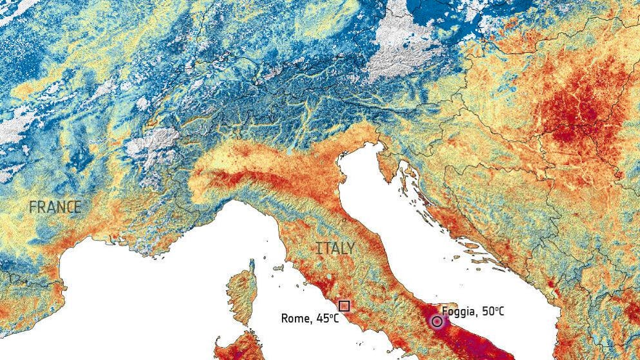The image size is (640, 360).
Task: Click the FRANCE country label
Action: (55, 207)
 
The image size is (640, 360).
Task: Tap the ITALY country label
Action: (335, 248)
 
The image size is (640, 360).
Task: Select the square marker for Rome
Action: (344, 306)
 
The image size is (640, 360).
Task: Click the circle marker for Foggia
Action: (437, 321)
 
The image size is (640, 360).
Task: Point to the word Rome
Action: (294, 318)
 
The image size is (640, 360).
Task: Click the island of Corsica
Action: (242, 299)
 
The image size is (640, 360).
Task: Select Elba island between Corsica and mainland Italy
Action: (279, 268)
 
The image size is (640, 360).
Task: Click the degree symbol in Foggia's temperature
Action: (496, 308)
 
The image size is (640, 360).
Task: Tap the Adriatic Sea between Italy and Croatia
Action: (412, 232)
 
